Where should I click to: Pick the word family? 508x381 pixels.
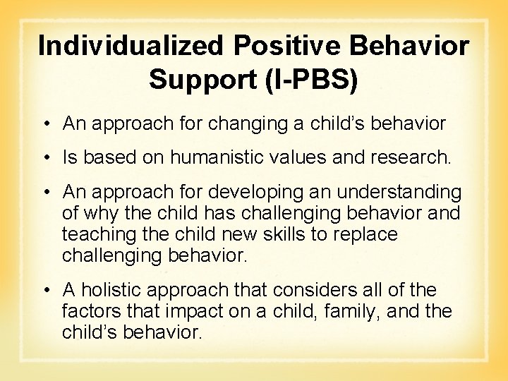(x=344, y=310)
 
